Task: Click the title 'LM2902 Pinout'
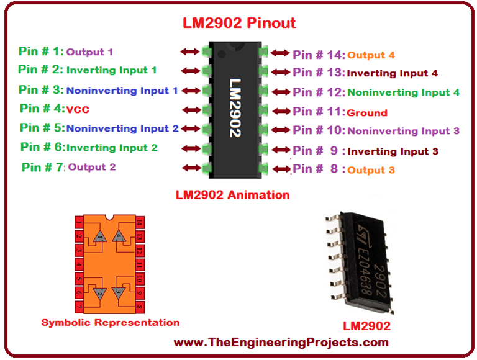[x=238, y=23]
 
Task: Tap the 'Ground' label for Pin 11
[x=366, y=112]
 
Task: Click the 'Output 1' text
[x=90, y=52]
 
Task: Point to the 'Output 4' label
[x=370, y=55]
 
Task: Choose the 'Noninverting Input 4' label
[x=403, y=92]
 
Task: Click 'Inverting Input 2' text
[x=111, y=148]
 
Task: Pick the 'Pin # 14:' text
[x=319, y=55]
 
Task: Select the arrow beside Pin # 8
[x=281, y=168]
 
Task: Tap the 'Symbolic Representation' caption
[x=111, y=322]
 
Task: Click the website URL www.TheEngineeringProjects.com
[x=281, y=342]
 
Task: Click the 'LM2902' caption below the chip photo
[x=366, y=325]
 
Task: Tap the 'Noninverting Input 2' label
[x=122, y=128]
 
